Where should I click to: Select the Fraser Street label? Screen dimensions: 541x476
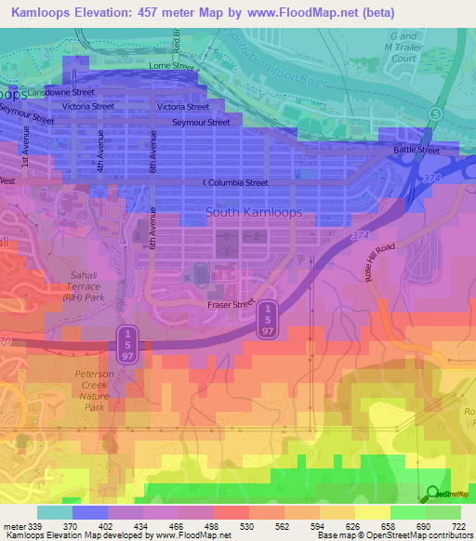(231, 304)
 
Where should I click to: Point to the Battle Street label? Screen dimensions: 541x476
(416, 150)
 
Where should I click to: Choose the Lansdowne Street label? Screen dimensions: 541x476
(62, 93)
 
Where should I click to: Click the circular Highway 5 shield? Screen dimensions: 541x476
(435, 112)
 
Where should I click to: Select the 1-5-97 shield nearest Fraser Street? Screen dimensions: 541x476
(267, 320)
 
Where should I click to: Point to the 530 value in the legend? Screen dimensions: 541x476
(247, 526)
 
